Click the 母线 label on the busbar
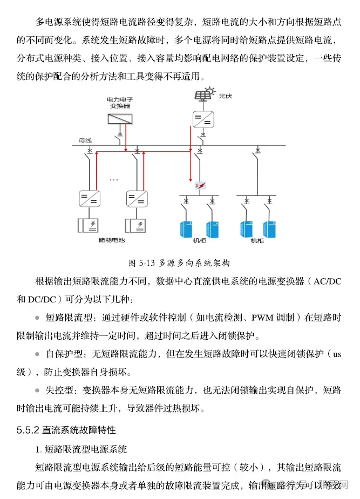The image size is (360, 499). [86, 140]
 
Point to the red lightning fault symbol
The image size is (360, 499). [200, 186]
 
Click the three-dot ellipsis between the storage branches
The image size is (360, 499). [114, 179]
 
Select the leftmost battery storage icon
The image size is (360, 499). [87, 224]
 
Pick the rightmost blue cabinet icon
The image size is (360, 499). [269, 228]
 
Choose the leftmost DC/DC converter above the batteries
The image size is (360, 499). [87, 199]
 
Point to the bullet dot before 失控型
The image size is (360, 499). [37, 390]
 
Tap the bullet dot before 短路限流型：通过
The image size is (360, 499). [37, 318]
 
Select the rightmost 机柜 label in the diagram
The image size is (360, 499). [257, 241]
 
